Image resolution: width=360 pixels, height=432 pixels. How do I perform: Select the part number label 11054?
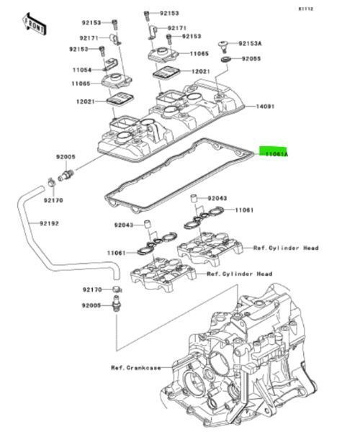81,70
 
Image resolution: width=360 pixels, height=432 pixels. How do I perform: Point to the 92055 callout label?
251,58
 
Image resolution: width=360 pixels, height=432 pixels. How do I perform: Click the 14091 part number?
266,107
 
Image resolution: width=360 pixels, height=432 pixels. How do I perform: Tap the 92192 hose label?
48,223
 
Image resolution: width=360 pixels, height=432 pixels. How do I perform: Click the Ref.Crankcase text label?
136,367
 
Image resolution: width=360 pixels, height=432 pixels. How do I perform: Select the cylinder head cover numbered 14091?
173,119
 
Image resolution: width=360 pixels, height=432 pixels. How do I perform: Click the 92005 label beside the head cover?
66,156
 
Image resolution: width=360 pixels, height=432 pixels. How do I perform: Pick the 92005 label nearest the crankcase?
91,306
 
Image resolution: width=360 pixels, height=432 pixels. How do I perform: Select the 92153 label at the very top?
169,13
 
